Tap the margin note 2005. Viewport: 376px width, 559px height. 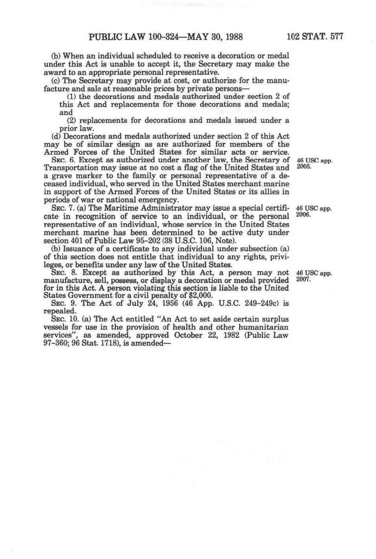tap(302, 167)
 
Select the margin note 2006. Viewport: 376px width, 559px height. tap(302, 215)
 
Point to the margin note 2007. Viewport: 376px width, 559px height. tap(302, 279)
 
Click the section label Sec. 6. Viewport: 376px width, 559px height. tap(63, 160)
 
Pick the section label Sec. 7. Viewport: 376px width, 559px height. tap(63, 208)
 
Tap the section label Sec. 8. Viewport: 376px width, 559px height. tap(63, 273)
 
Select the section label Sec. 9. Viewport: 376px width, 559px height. tap(63, 303)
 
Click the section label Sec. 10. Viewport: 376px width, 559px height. tap(65, 319)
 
